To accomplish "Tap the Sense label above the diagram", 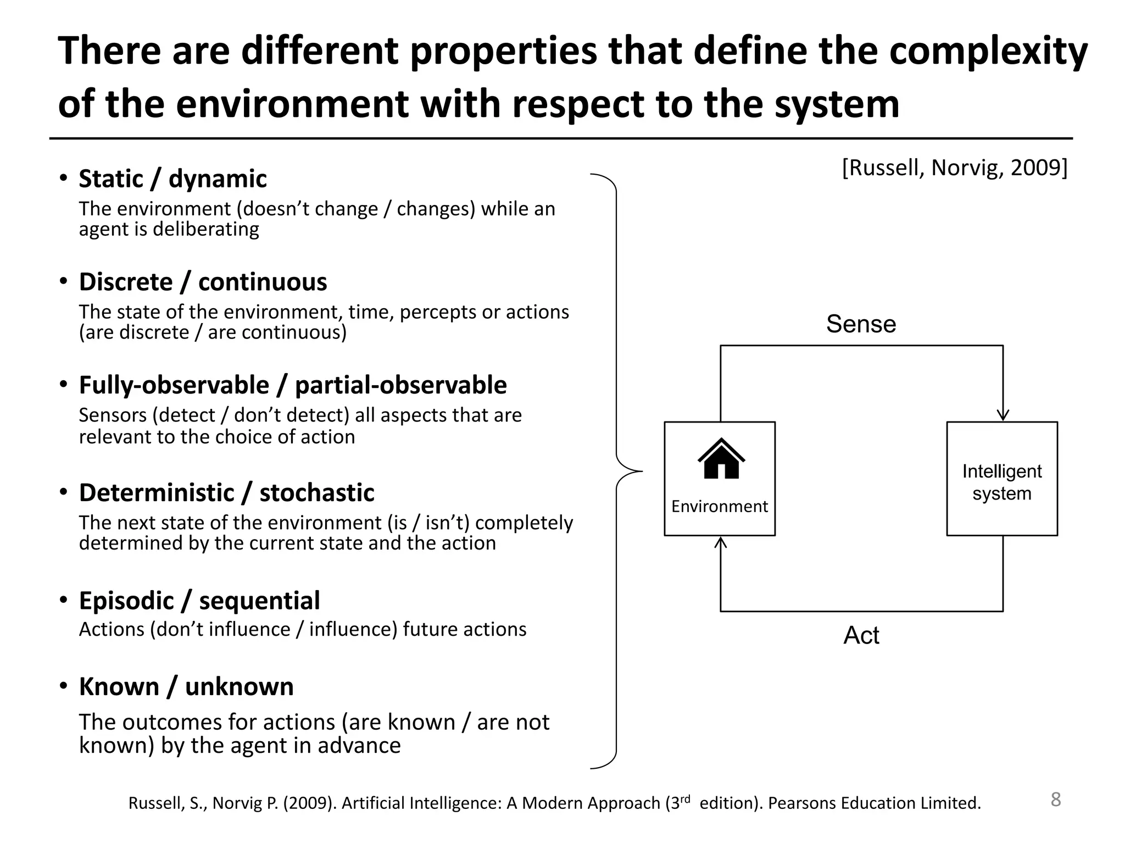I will (x=861, y=324).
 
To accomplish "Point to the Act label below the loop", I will (x=861, y=636).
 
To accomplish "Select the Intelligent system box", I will (x=1002, y=479).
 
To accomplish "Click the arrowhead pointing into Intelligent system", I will (x=1003, y=415).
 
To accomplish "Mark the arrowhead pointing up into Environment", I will (x=721, y=543).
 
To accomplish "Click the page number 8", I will (x=1055, y=799).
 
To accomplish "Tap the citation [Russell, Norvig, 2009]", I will (x=955, y=168).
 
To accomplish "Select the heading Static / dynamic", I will (x=172, y=179).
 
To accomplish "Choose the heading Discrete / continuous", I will (x=203, y=282).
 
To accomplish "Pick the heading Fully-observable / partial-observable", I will (x=293, y=385).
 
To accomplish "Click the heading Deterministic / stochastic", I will (x=226, y=493).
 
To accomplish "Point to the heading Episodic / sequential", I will (x=199, y=601).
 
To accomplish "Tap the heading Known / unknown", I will (x=186, y=687).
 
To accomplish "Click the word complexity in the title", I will (x=988, y=51).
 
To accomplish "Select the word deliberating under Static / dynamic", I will (x=205, y=229).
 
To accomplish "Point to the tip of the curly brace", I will (x=641, y=471).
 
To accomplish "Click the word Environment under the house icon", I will (x=720, y=507).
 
